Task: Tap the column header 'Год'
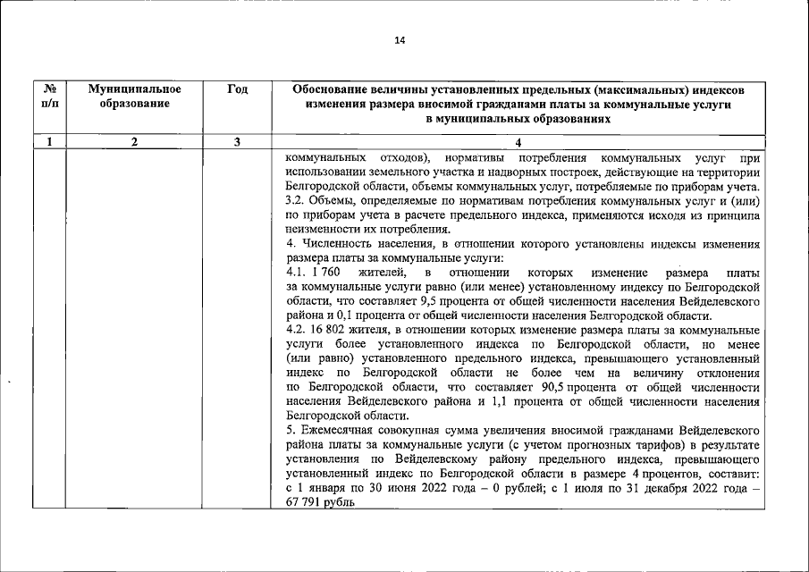[237, 89]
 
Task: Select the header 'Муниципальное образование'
[135, 97]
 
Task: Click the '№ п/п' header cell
[50, 97]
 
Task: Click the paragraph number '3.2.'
[296, 200]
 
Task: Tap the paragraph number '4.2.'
[297, 330]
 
